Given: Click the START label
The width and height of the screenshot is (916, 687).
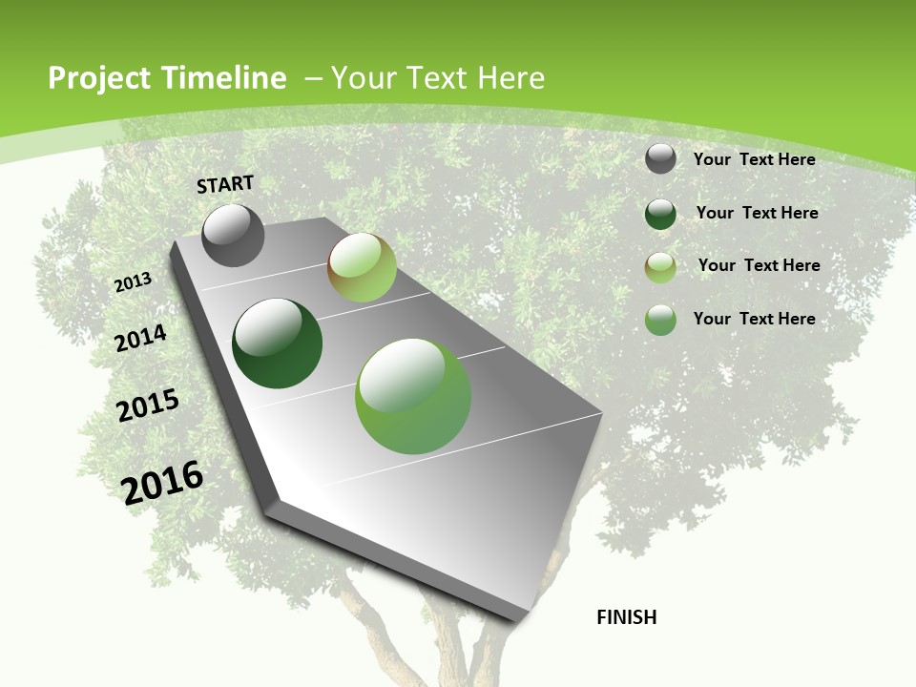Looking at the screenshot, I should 225,183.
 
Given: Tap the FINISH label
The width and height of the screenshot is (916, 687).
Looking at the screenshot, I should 626,617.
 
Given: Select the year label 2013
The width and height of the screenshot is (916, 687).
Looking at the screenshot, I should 134,282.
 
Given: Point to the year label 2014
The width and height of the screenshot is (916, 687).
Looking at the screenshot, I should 141,338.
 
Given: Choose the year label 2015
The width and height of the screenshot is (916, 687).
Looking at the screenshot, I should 148,406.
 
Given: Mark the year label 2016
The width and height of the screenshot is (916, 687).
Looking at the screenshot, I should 162,482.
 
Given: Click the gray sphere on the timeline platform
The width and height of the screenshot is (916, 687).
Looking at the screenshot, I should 233,236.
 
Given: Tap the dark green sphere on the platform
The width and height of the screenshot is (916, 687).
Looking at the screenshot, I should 277,343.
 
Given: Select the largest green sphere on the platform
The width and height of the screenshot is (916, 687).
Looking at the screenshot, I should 413,396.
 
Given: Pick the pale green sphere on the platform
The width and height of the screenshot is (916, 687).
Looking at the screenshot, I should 362,267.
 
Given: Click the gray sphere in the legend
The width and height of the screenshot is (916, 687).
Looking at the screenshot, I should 660,159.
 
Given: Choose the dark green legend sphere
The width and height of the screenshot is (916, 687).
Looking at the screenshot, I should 660,214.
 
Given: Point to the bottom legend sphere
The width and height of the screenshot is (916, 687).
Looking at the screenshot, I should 660,320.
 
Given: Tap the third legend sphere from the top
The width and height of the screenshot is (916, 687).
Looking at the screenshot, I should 660,267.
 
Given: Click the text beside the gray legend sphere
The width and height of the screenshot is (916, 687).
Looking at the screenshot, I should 754,159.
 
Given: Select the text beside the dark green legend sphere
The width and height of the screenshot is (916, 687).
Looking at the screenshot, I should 757,213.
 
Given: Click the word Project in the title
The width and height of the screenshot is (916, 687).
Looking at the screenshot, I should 99,78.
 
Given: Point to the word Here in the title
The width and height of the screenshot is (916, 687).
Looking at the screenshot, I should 510,78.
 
